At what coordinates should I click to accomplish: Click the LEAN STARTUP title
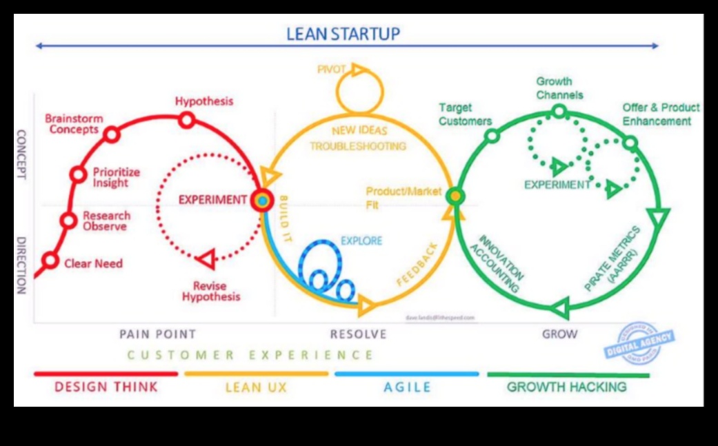point(343,33)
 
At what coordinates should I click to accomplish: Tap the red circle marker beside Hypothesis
point(186,121)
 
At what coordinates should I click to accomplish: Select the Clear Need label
point(93,263)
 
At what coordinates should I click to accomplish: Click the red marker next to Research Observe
point(68,221)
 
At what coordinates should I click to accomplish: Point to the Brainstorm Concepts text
point(74,124)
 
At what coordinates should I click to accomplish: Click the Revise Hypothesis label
point(211,292)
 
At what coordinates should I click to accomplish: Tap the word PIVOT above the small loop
point(331,69)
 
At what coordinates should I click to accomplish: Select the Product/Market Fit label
point(403,198)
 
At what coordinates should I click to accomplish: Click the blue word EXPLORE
point(361,241)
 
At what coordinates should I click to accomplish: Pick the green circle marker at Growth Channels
point(559,111)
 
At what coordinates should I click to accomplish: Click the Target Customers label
point(465,114)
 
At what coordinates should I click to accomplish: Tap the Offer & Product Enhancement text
point(660,114)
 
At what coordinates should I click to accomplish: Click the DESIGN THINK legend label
point(106,387)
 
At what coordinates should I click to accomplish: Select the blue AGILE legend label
point(407,387)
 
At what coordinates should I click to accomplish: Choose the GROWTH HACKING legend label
point(567,387)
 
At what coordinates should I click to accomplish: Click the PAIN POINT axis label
point(157,334)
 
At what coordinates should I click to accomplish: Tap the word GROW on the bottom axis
point(559,334)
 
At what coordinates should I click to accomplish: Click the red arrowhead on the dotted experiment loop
point(205,259)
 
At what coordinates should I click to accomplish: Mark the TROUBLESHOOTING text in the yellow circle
point(357,146)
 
